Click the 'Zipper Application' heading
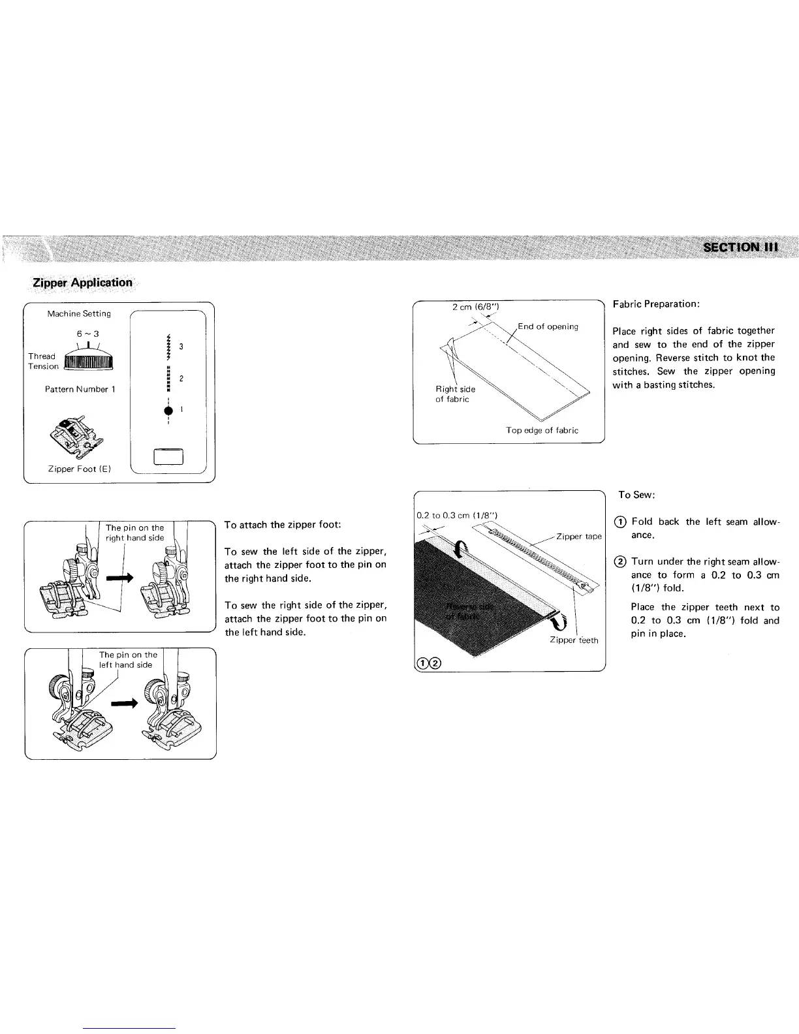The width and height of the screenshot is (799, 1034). coord(83,283)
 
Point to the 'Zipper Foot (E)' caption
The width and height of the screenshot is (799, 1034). coord(74,469)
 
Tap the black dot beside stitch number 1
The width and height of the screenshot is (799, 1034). coord(168,410)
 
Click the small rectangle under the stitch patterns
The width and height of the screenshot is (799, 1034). coord(168,457)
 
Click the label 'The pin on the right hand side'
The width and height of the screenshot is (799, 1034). coord(135,533)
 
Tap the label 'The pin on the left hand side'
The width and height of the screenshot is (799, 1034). coord(128,660)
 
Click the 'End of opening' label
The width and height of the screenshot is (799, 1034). coord(548,326)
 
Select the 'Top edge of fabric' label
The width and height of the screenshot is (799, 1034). coord(542,430)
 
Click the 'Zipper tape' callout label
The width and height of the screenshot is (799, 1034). coord(578,537)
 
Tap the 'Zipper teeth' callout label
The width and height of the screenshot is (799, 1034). coord(574,640)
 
